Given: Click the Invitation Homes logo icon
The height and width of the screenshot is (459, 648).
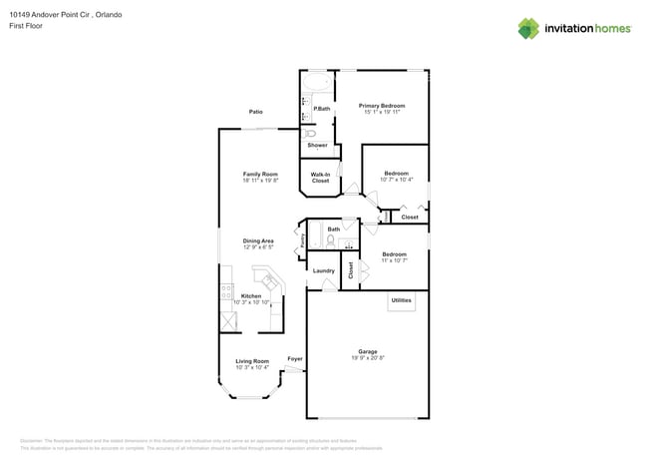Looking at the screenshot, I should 528,28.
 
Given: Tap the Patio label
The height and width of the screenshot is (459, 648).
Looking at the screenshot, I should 256,112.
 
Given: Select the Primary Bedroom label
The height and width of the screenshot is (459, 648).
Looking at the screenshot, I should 382,105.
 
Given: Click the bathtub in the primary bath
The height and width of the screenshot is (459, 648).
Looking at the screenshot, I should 319,82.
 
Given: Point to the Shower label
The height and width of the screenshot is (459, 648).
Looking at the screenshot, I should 317,146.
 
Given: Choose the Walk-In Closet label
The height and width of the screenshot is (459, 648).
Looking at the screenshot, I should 320,178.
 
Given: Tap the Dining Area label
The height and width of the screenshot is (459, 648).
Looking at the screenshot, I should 258,240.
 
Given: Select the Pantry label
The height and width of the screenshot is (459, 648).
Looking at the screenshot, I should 301,240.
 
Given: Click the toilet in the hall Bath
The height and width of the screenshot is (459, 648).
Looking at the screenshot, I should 330,240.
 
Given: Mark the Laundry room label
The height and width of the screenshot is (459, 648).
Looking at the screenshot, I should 323,270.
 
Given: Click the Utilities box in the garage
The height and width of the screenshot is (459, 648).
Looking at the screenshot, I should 401,300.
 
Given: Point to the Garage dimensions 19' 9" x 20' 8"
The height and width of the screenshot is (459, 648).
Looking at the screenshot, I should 368,356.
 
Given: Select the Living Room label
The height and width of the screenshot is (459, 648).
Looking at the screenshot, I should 252,361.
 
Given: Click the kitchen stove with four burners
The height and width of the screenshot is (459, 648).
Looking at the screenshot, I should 226,294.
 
